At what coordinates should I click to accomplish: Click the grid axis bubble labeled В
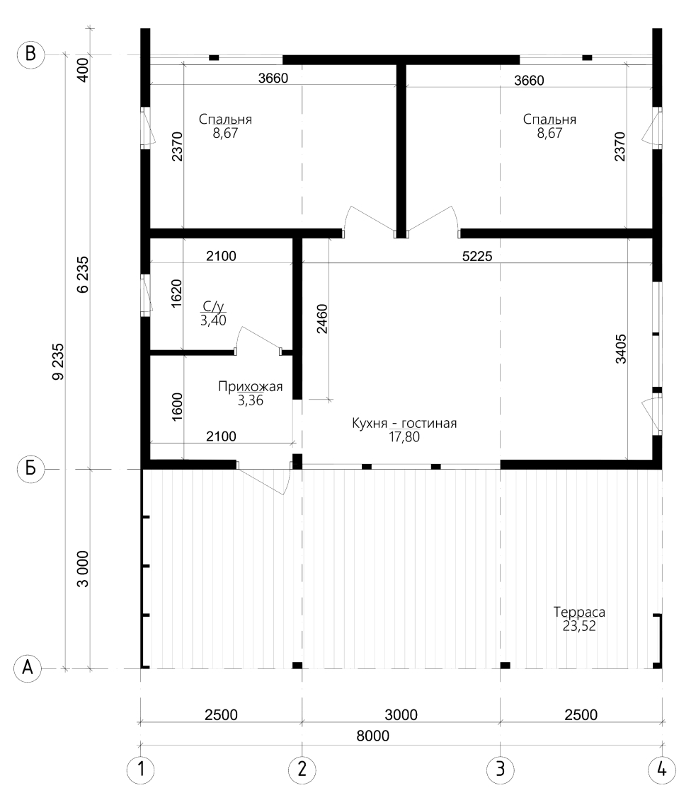(30, 54)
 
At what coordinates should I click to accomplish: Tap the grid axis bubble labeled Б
(30, 469)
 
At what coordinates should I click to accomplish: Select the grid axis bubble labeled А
(28, 668)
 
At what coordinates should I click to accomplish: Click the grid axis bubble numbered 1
(140, 770)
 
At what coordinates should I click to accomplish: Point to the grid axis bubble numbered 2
(302, 770)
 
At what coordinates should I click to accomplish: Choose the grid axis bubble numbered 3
(501, 770)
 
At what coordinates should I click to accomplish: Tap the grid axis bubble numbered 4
(662, 770)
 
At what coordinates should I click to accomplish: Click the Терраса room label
(579, 612)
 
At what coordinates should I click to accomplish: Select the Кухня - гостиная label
(404, 424)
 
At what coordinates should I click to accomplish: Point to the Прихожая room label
(251, 387)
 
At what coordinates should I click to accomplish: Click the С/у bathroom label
(213, 307)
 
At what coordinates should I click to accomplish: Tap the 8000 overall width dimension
(372, 736)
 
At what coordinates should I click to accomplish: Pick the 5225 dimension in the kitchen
(477, 256)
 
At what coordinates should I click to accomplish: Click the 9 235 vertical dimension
(58, 361)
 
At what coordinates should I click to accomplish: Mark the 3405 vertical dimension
(620, 349)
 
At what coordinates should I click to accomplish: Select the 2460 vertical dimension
(322, 318)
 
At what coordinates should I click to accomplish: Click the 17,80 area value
(404, 437)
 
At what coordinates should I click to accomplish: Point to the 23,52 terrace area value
(579, 626)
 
